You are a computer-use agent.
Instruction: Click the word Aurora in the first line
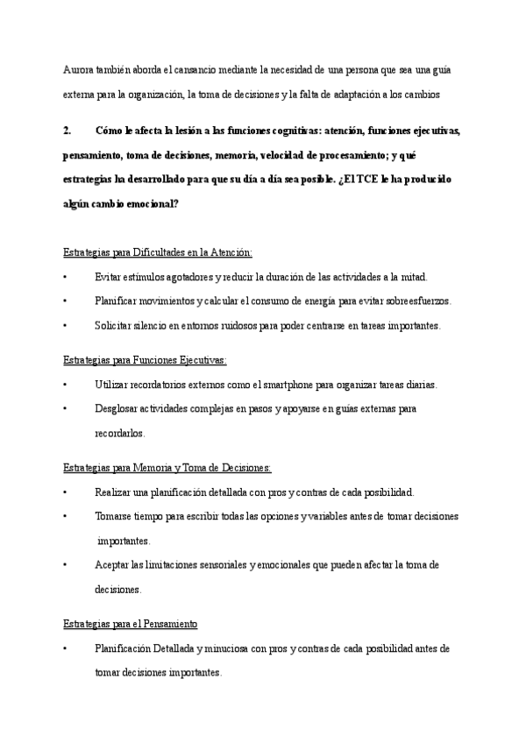(x=78, y=69)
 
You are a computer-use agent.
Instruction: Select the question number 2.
(x=67, y=131)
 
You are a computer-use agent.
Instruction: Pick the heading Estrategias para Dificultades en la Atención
(x=158, y=252)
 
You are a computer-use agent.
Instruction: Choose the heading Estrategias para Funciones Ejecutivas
(x=145, y=359)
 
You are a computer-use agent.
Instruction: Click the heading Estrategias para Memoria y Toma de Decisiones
(x=167, y=467)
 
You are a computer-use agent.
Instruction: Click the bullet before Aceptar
(x=66, y=565)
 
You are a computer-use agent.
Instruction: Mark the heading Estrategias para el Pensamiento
(x=131, y=624)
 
